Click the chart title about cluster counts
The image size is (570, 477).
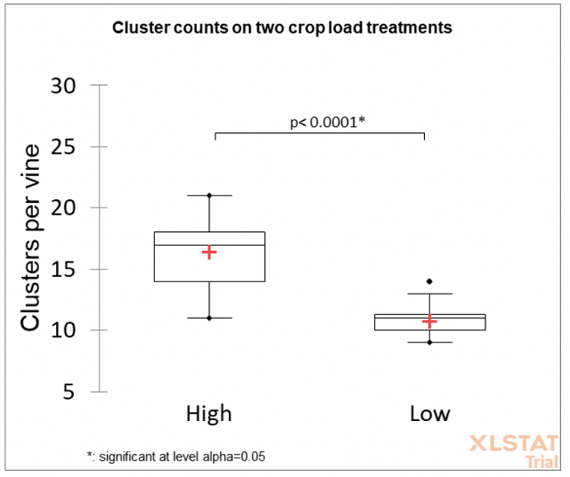click(281, 28)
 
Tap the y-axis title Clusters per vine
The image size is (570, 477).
click(31, 238)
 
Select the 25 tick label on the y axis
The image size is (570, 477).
click(62, 147)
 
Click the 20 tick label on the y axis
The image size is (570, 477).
click(62, 208)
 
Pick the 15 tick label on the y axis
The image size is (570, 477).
click(62, 270)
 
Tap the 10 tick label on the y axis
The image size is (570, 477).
click(62, 331)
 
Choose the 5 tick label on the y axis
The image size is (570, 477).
click(69, 392)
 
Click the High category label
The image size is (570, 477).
click(208, 414)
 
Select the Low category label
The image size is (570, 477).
click(429, 414)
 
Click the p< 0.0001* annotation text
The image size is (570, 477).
click(328, 122)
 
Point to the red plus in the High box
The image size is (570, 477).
click(208, 253)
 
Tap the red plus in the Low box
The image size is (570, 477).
click(429, 321)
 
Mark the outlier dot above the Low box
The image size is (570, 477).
click(429, 281)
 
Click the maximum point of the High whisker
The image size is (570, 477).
click(208, 195)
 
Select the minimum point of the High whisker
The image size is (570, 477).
click(208, 318)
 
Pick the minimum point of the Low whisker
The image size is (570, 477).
click(429, 343)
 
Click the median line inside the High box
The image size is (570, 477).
click(208, 245)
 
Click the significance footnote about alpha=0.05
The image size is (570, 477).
click(176, 457)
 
